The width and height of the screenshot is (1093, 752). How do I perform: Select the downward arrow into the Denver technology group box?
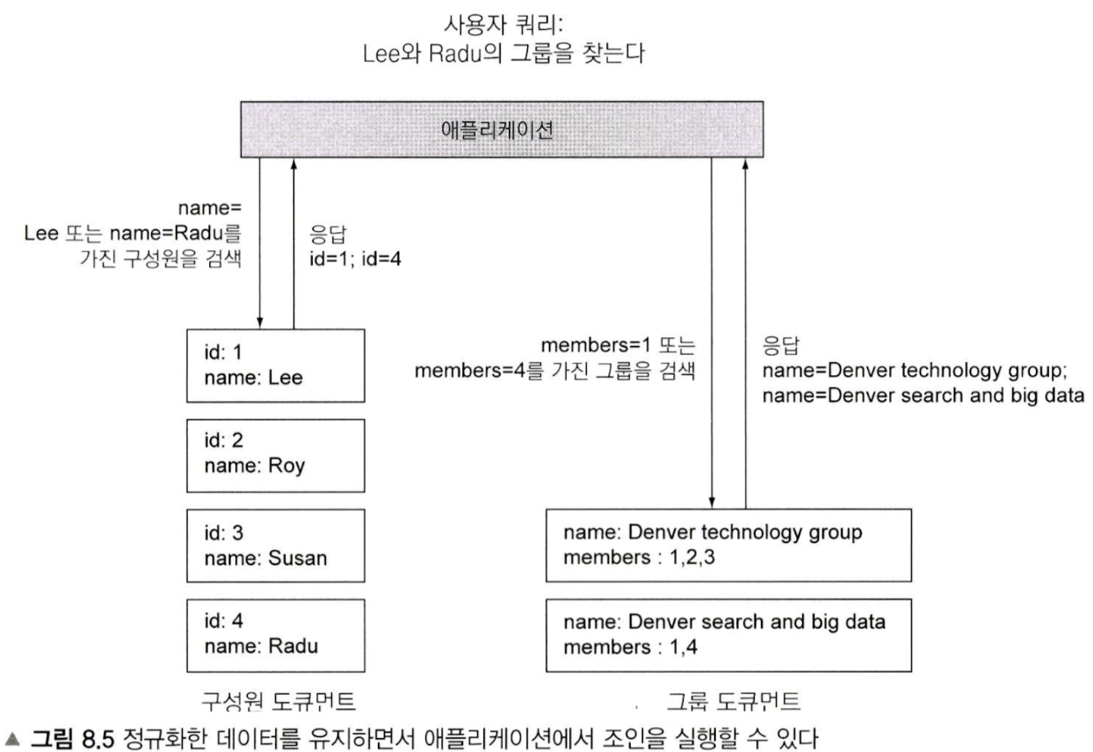(x=713, y=334)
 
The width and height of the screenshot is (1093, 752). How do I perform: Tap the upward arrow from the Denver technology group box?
(x=746, y=334)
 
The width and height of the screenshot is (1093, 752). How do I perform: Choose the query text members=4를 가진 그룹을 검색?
(x=555, y=372)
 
